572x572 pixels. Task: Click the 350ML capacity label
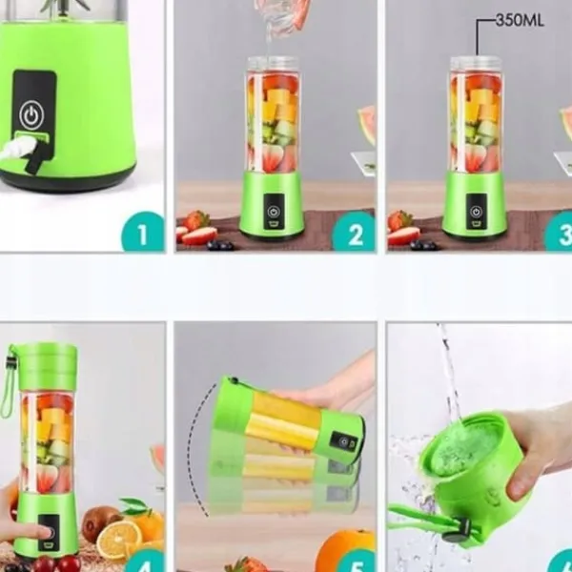pyautogui.click(x=520, y=20)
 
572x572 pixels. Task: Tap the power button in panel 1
pyautogui.click(x=31, y=115)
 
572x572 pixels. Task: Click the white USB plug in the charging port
pyautogui.click(x=18, y=147)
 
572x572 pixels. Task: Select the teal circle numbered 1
pyautogui.click(x=143, y=232)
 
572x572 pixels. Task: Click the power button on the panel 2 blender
pyautogui.click(x=274, y=212)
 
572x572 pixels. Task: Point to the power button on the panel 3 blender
pyautogui.click(x=476, y=212)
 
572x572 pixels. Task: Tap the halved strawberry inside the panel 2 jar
pyautogui.click(x=273, y=158)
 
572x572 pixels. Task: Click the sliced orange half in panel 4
pyautogui.click(x=119, y=540)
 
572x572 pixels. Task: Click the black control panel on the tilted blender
pyautogui.click(x=343, y=442)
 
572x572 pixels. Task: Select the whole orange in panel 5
pyautogui.click(x=345, y=551)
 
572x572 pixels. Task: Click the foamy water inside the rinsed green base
pyautogui.click(x=464, y=449)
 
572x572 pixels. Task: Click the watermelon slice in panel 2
pyautogui.click(x=367, y=125)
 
